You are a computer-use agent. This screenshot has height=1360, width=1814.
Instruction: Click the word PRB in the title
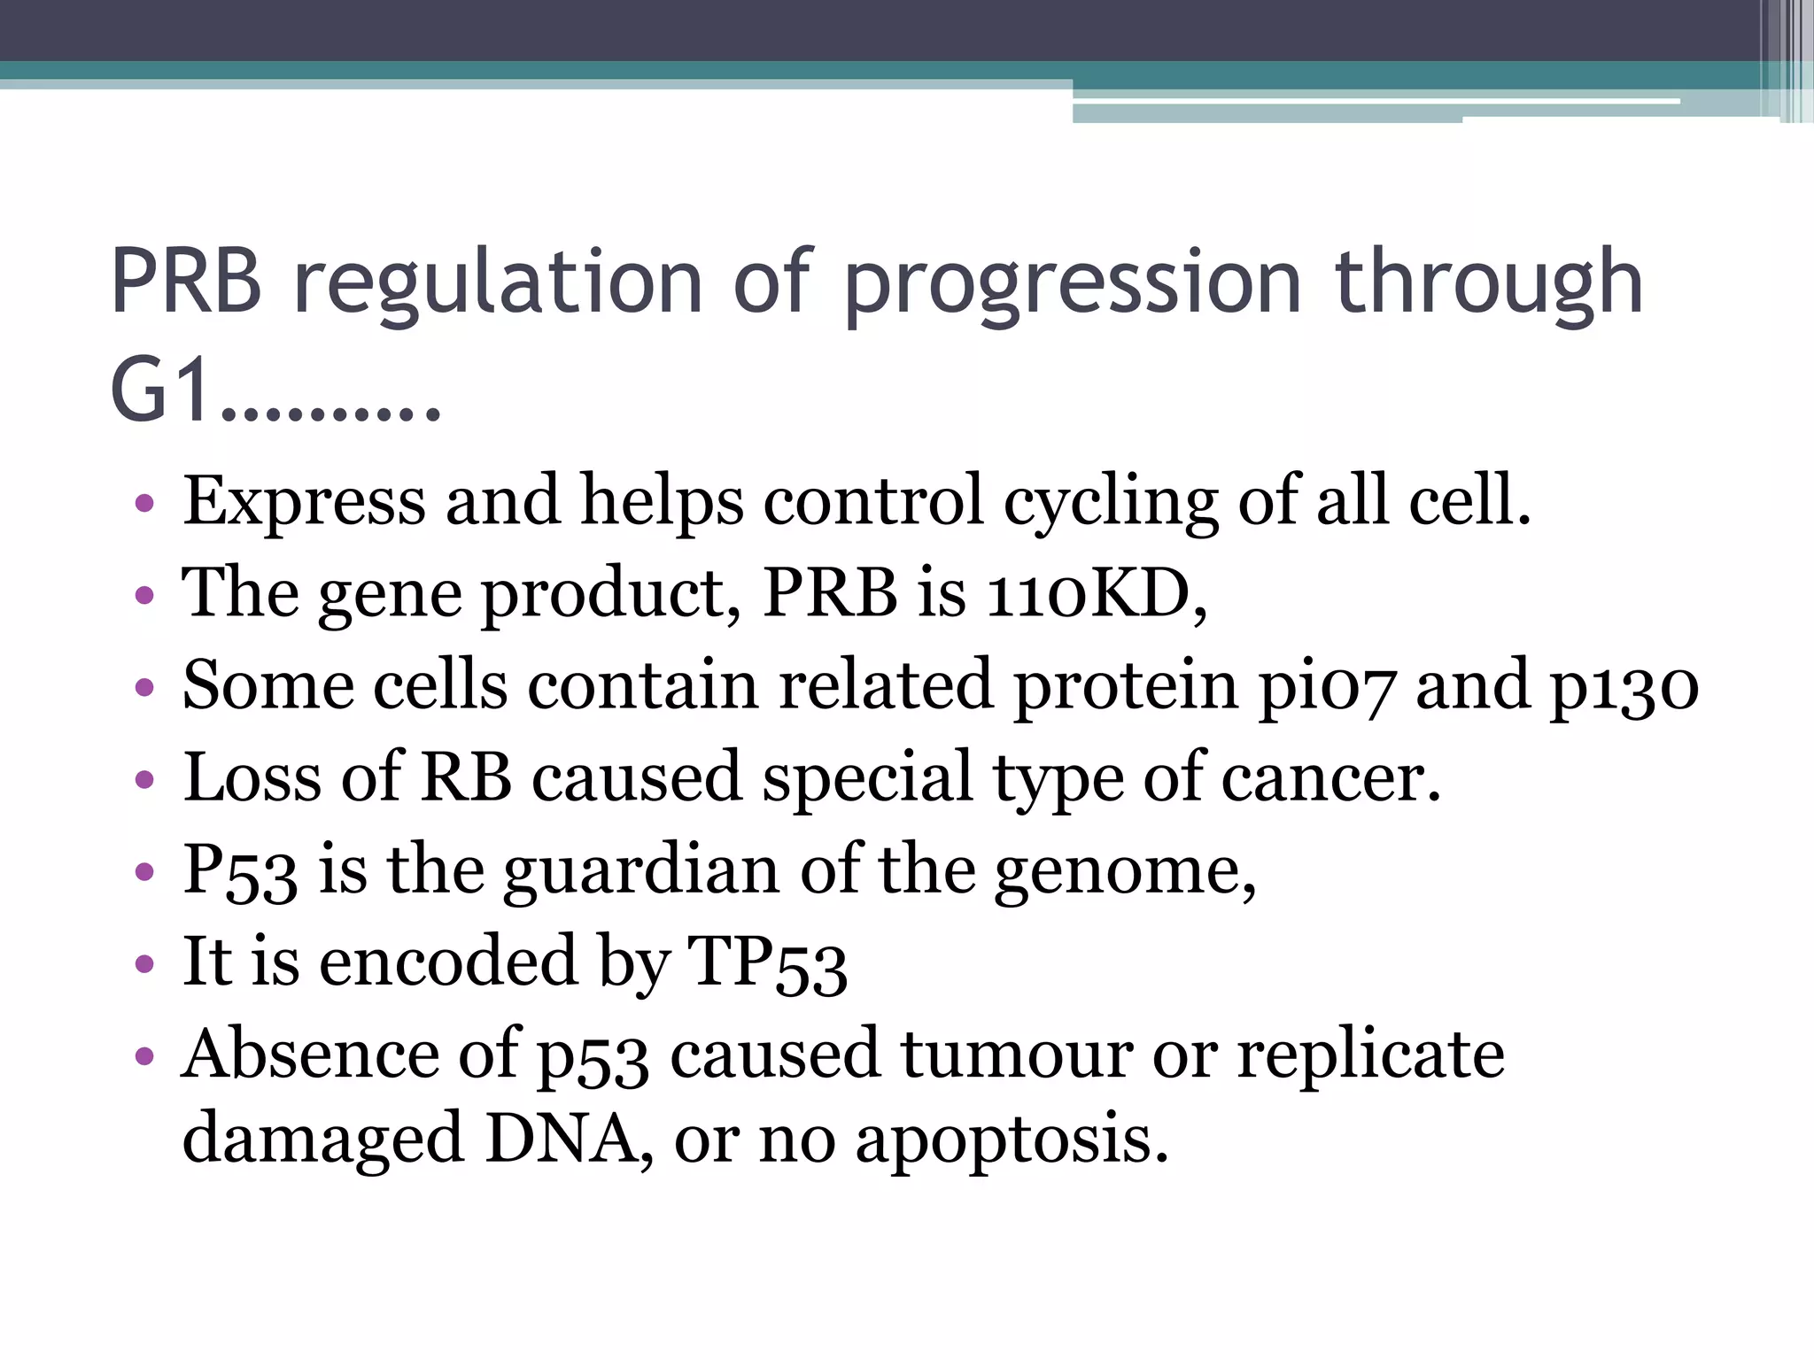[x=186, y=282]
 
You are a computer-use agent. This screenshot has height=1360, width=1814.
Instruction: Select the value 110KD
[x=1095, y=592]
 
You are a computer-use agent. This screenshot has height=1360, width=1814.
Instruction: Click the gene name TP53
[x=767, y=962]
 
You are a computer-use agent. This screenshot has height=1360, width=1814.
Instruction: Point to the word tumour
[x=1015, y=1055]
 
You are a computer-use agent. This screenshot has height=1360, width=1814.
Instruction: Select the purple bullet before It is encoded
[x=144, y=963]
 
